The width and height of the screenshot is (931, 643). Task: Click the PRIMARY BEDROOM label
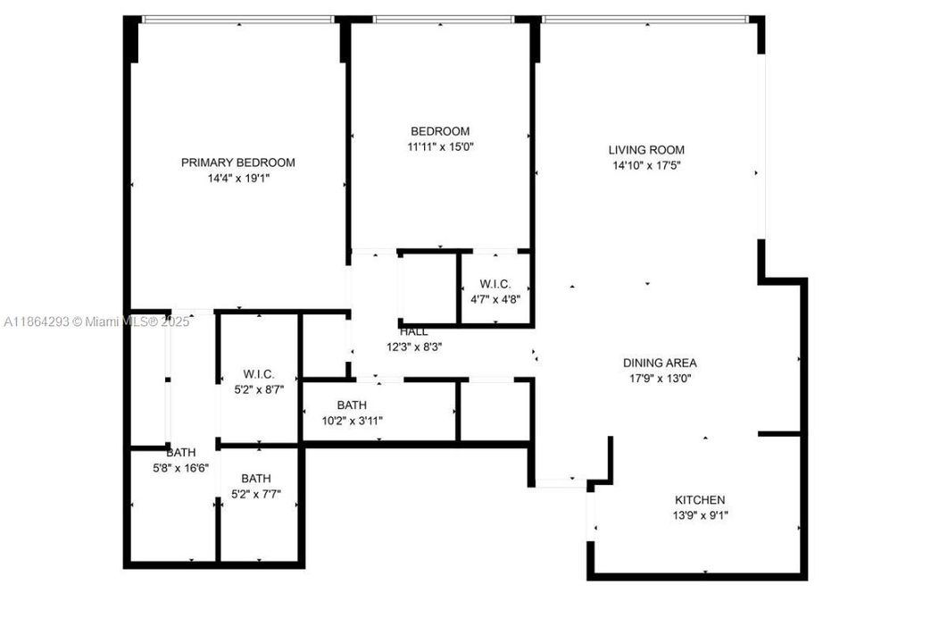click(237, 163)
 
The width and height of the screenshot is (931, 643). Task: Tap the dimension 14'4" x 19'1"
click(237, 178)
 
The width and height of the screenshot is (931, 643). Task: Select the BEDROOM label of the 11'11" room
click(440, 131)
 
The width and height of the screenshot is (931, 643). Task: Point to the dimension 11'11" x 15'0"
click(440, 146)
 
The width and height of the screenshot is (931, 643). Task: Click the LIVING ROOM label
click(646, 150)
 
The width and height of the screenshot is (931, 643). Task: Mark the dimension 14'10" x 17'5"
click(646, 165)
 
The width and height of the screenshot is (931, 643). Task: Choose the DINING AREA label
click(660, 363)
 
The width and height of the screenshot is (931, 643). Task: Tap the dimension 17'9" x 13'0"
click(660, 378)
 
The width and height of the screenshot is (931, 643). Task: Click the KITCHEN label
click(700, 500)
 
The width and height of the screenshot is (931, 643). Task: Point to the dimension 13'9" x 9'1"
click(700, 515)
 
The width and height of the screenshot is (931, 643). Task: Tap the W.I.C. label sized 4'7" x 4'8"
click(495, 284)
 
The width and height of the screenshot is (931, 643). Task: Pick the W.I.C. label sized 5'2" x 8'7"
click(258, 374)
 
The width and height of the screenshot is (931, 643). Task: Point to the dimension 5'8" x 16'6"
click(180, 468)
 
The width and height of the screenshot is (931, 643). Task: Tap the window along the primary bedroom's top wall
click(237, 20)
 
